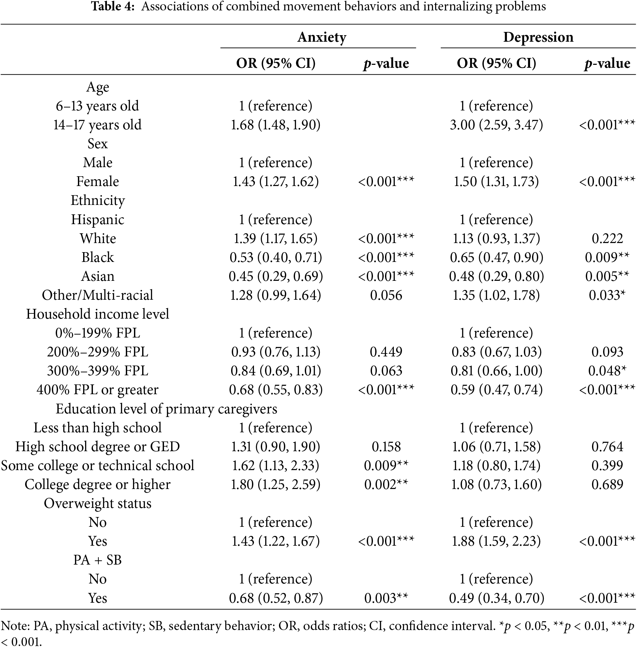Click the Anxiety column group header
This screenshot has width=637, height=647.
321,37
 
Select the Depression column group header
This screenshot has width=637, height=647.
538,37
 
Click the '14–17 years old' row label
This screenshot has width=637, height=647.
97,125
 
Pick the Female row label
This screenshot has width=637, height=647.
97,181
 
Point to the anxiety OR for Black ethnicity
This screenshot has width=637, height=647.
276,257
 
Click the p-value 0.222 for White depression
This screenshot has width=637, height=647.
607,238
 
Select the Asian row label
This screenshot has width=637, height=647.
97,277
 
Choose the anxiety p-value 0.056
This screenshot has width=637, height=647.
386,295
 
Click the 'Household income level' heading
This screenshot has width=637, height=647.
97,314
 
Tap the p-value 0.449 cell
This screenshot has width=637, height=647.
386,352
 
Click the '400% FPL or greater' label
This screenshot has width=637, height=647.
97,390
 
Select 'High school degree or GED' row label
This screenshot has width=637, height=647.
97,447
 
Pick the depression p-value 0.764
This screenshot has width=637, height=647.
607,447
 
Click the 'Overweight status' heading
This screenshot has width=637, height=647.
97,504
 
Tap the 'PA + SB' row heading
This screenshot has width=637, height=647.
97,560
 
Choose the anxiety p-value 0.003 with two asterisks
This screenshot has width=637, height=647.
386,598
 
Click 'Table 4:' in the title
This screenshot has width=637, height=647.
113,7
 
